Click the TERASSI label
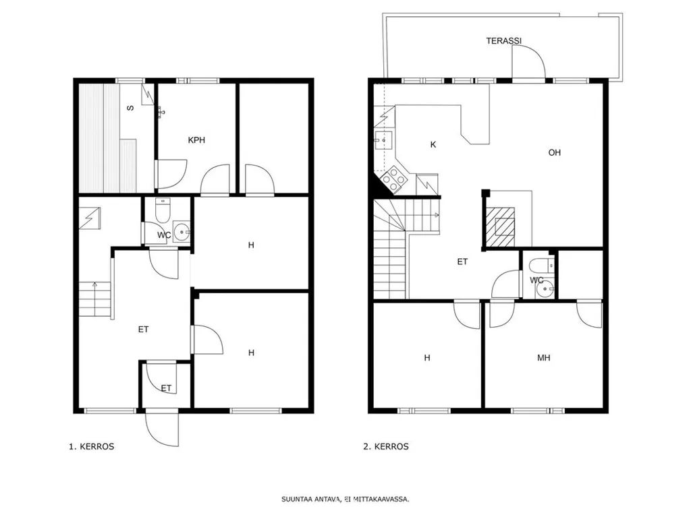503,41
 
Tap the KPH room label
196,140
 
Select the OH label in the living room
555,152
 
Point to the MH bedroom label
544,357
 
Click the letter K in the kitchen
433,144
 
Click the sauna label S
130,108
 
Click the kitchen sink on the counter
383,141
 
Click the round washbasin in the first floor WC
182,231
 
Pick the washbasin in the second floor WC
545,289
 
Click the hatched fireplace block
500,226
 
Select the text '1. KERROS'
92,446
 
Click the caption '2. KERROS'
386,446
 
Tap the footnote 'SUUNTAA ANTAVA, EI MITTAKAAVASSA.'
345,499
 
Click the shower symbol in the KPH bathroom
161,112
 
